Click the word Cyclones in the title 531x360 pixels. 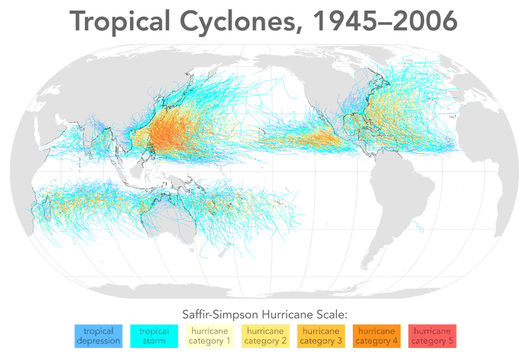pos(250,21)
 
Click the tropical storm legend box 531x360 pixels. pos(154,336)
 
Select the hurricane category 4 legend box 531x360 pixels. pos(377,336)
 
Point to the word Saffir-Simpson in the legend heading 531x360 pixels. pos(216,313)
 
